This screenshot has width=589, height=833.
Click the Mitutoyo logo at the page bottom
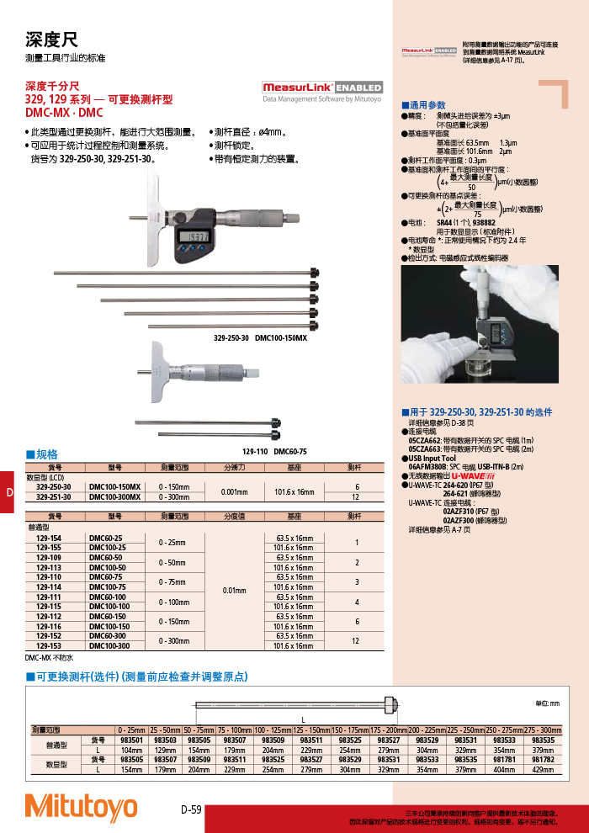click(x=81, y=806)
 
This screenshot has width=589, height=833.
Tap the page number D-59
click(x=191, y=809)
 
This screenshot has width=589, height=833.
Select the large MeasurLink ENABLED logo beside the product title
click(x=322, y=88)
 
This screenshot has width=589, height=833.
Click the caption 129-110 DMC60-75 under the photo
click(x=274, y=452)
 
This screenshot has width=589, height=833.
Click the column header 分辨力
click(x=233, y=466)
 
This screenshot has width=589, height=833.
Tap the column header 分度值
click(x=233, y=516)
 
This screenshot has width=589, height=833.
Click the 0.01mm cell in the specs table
click(x=233, y=592)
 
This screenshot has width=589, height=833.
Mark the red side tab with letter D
click(x=8, y=492)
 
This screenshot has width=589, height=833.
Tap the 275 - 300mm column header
click(x=543, y=730)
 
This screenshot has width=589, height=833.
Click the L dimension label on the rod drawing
click(x=304, y=718)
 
